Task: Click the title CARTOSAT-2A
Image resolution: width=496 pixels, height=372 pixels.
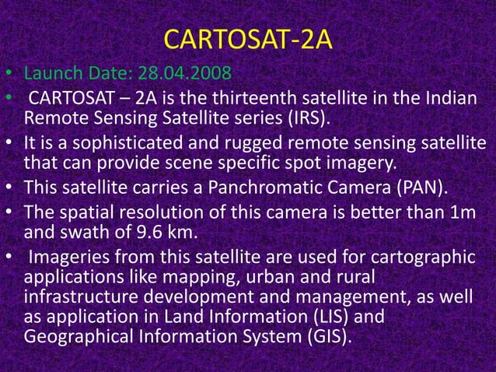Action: pyautogui.click(x=249, y=38)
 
